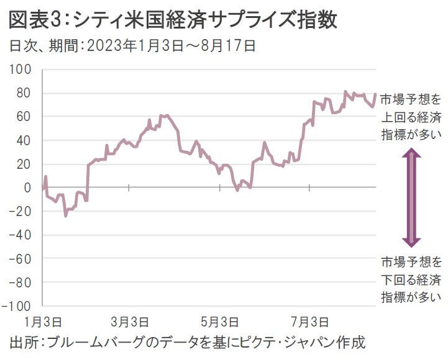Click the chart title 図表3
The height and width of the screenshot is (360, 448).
(x=37, y=20)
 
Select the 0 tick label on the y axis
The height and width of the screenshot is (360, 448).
(x=28, y=187)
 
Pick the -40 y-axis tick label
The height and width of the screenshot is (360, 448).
(x=20, y=235)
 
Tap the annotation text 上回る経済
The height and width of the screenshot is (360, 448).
(x=411, y=115)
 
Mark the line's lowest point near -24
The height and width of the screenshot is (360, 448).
(x=65, y=215)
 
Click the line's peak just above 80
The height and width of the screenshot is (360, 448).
(x=345, y=92)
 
